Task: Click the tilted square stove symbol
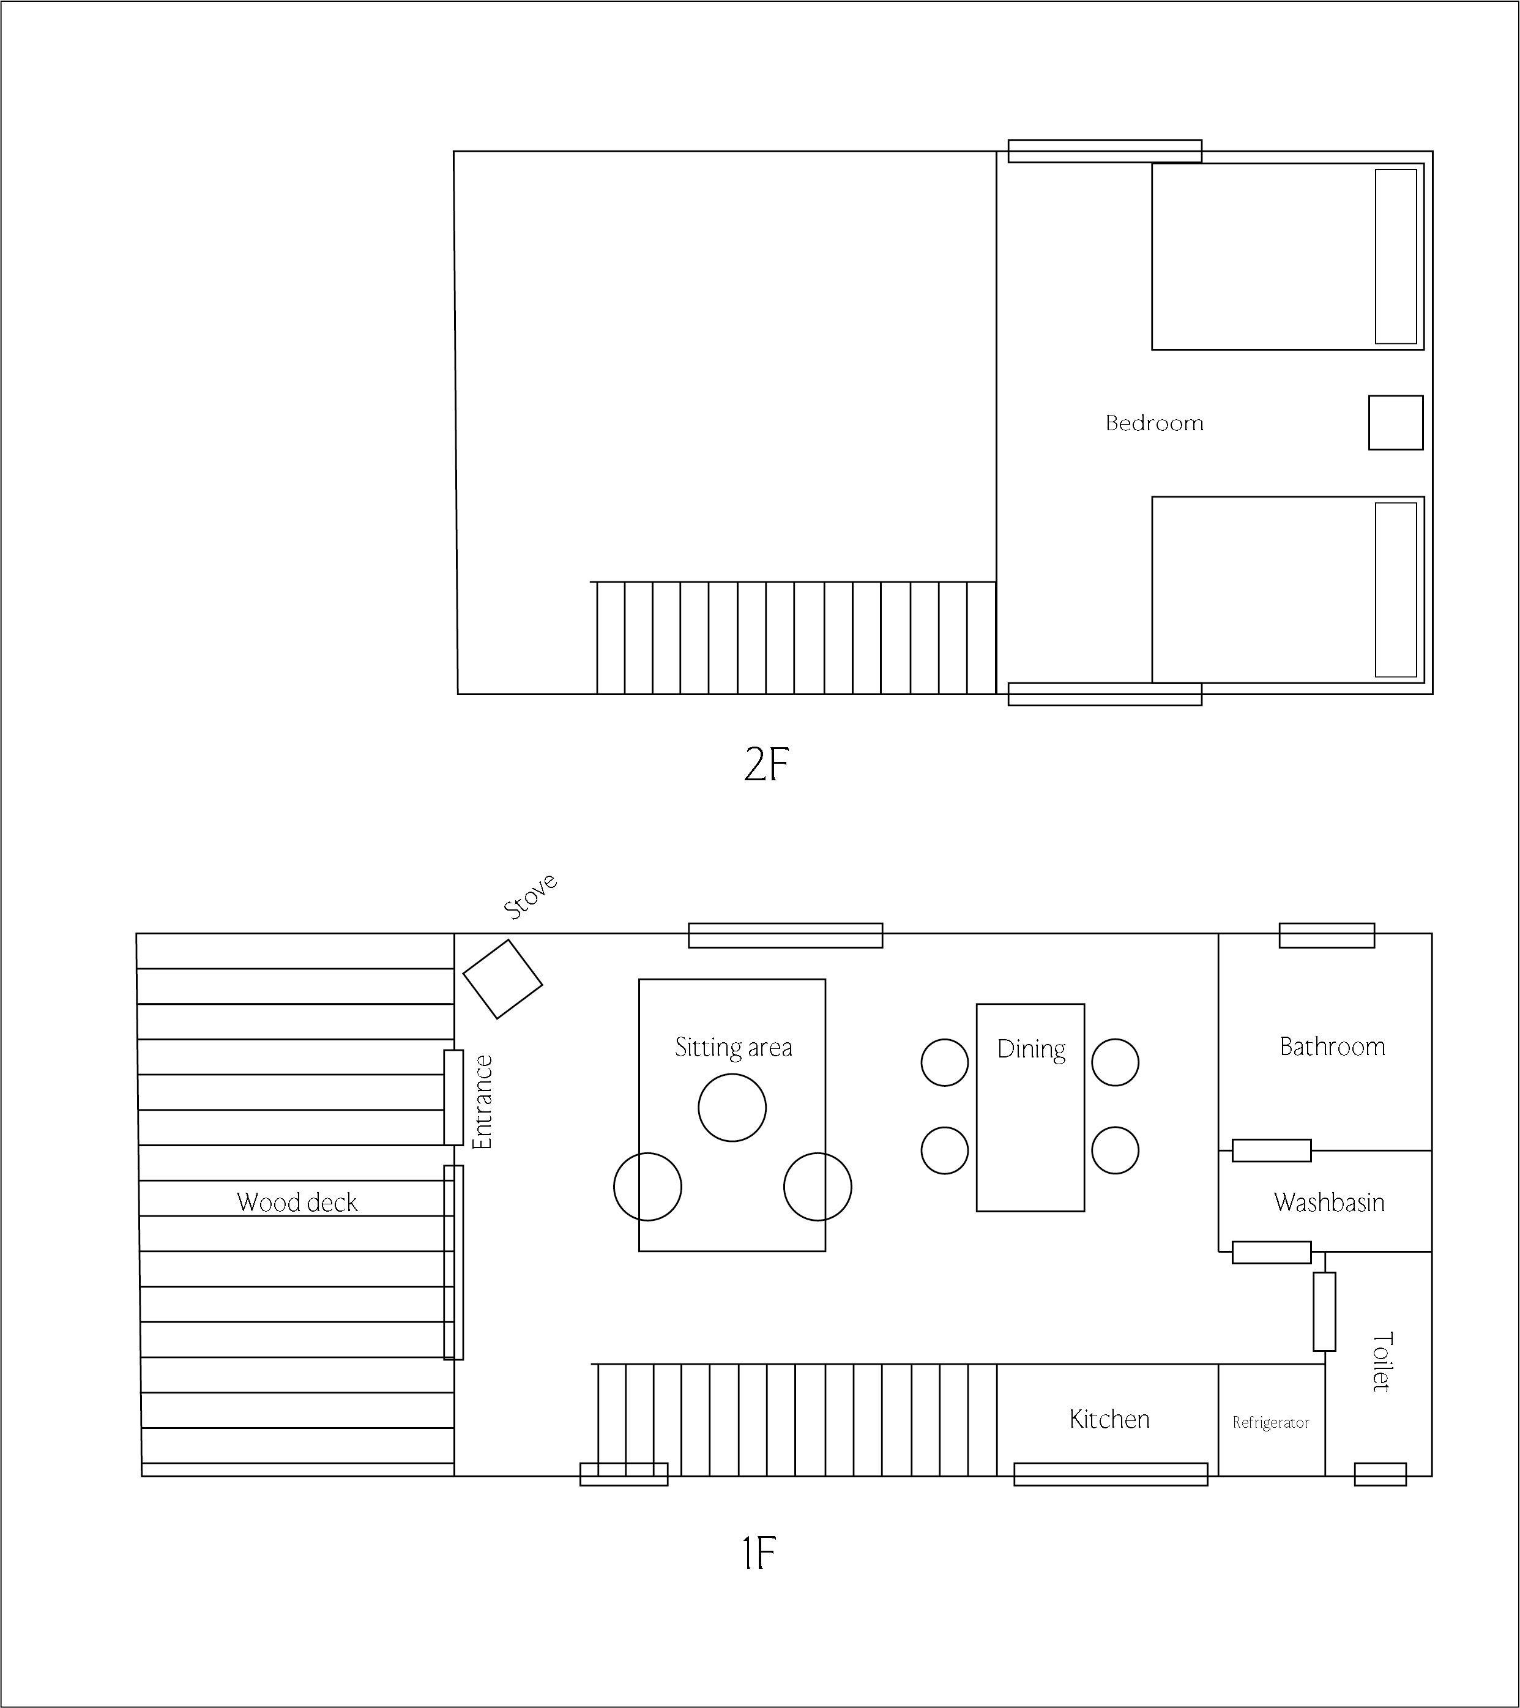coord(502,979)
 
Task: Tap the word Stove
coord(531,896)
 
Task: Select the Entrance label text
coord(483,1102)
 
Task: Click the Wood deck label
coord(297,1203)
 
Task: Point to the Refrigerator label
coord(1270,1422)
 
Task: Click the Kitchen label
coord(1109,1419)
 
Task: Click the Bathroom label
coord(1332,1046)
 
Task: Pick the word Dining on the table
coord(1031,1050)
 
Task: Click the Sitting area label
coord(733,1047)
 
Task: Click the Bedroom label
coord(1154,423)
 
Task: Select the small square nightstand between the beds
coord(1396,423)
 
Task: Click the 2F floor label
coord(766,764)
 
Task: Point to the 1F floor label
coord(759,1554)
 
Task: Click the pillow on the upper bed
coord(1396,256)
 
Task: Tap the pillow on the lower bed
coord(1396,590)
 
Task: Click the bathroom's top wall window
coord(1327,935)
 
